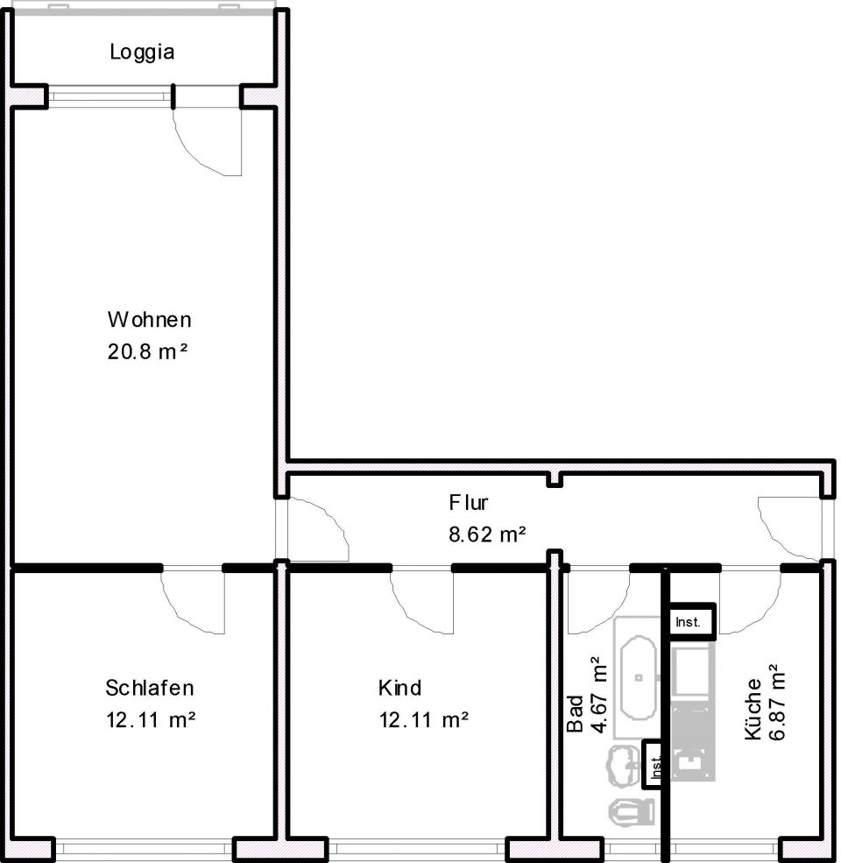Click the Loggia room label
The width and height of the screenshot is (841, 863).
coord(142,52)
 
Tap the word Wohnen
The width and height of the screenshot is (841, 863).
coord(149,318)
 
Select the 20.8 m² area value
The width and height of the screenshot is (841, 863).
coord(149,352)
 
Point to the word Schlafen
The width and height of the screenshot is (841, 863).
coord(149,687)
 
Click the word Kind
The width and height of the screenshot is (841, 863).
coord(399,687)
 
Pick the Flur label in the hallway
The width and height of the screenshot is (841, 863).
coord(469,503)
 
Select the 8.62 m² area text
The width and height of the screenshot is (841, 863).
coord(487,533)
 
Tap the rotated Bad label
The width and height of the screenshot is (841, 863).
coord(575,714)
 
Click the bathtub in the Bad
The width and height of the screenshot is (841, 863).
coord(637,677)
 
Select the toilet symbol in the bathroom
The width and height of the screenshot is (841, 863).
coord(632,812)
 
